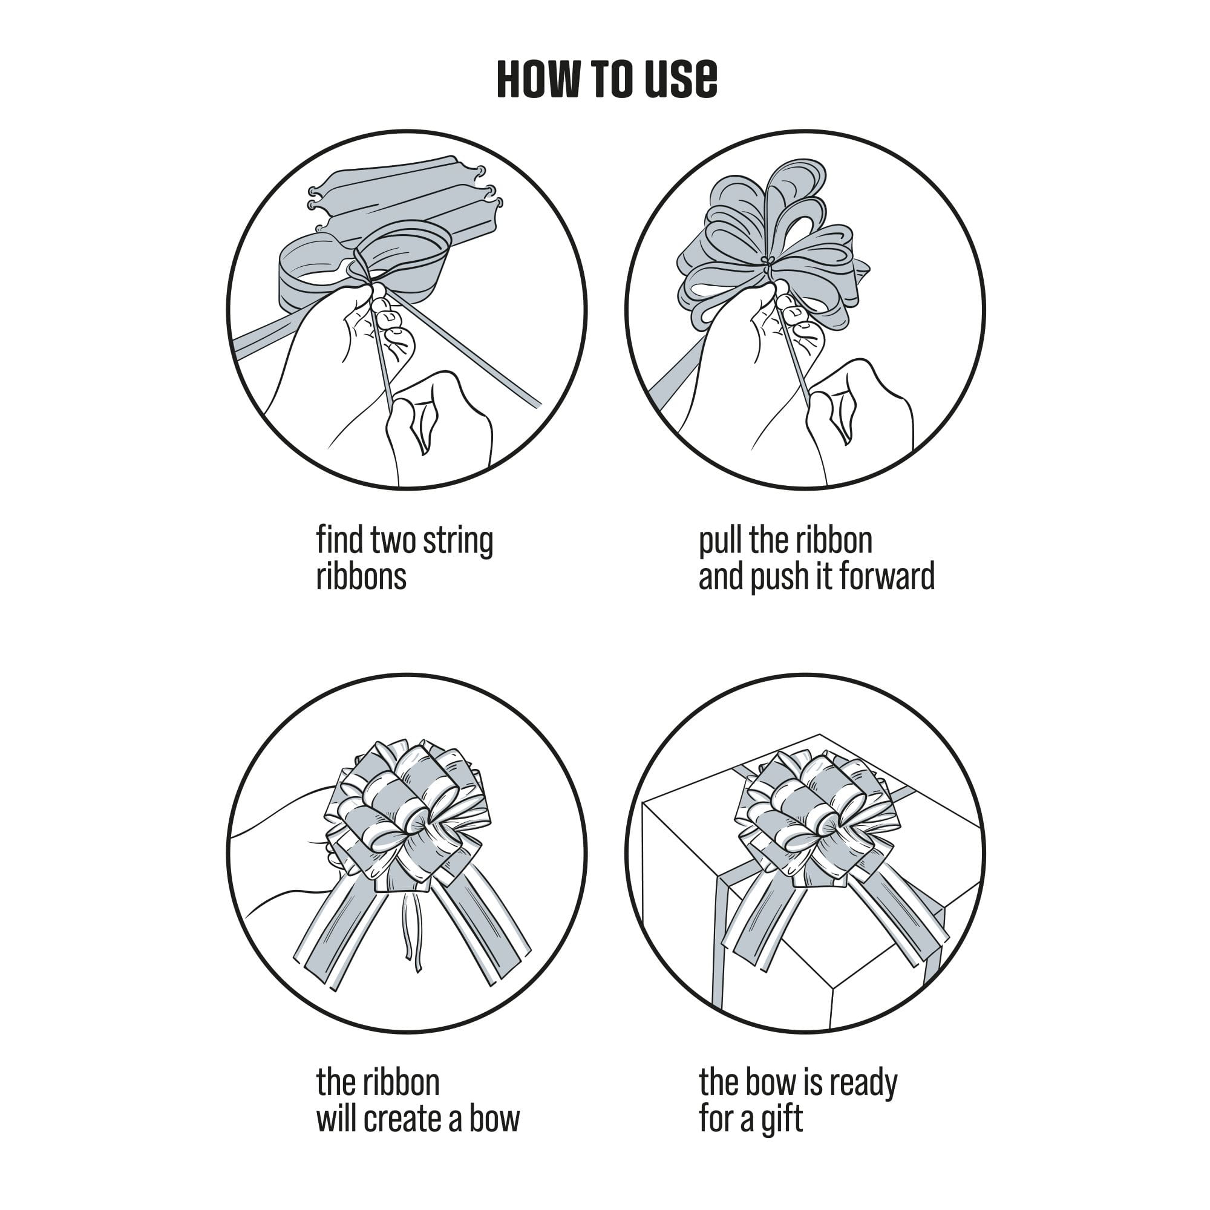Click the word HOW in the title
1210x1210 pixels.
tap(538, 79)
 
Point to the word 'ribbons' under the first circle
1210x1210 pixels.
tap(361, 576)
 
